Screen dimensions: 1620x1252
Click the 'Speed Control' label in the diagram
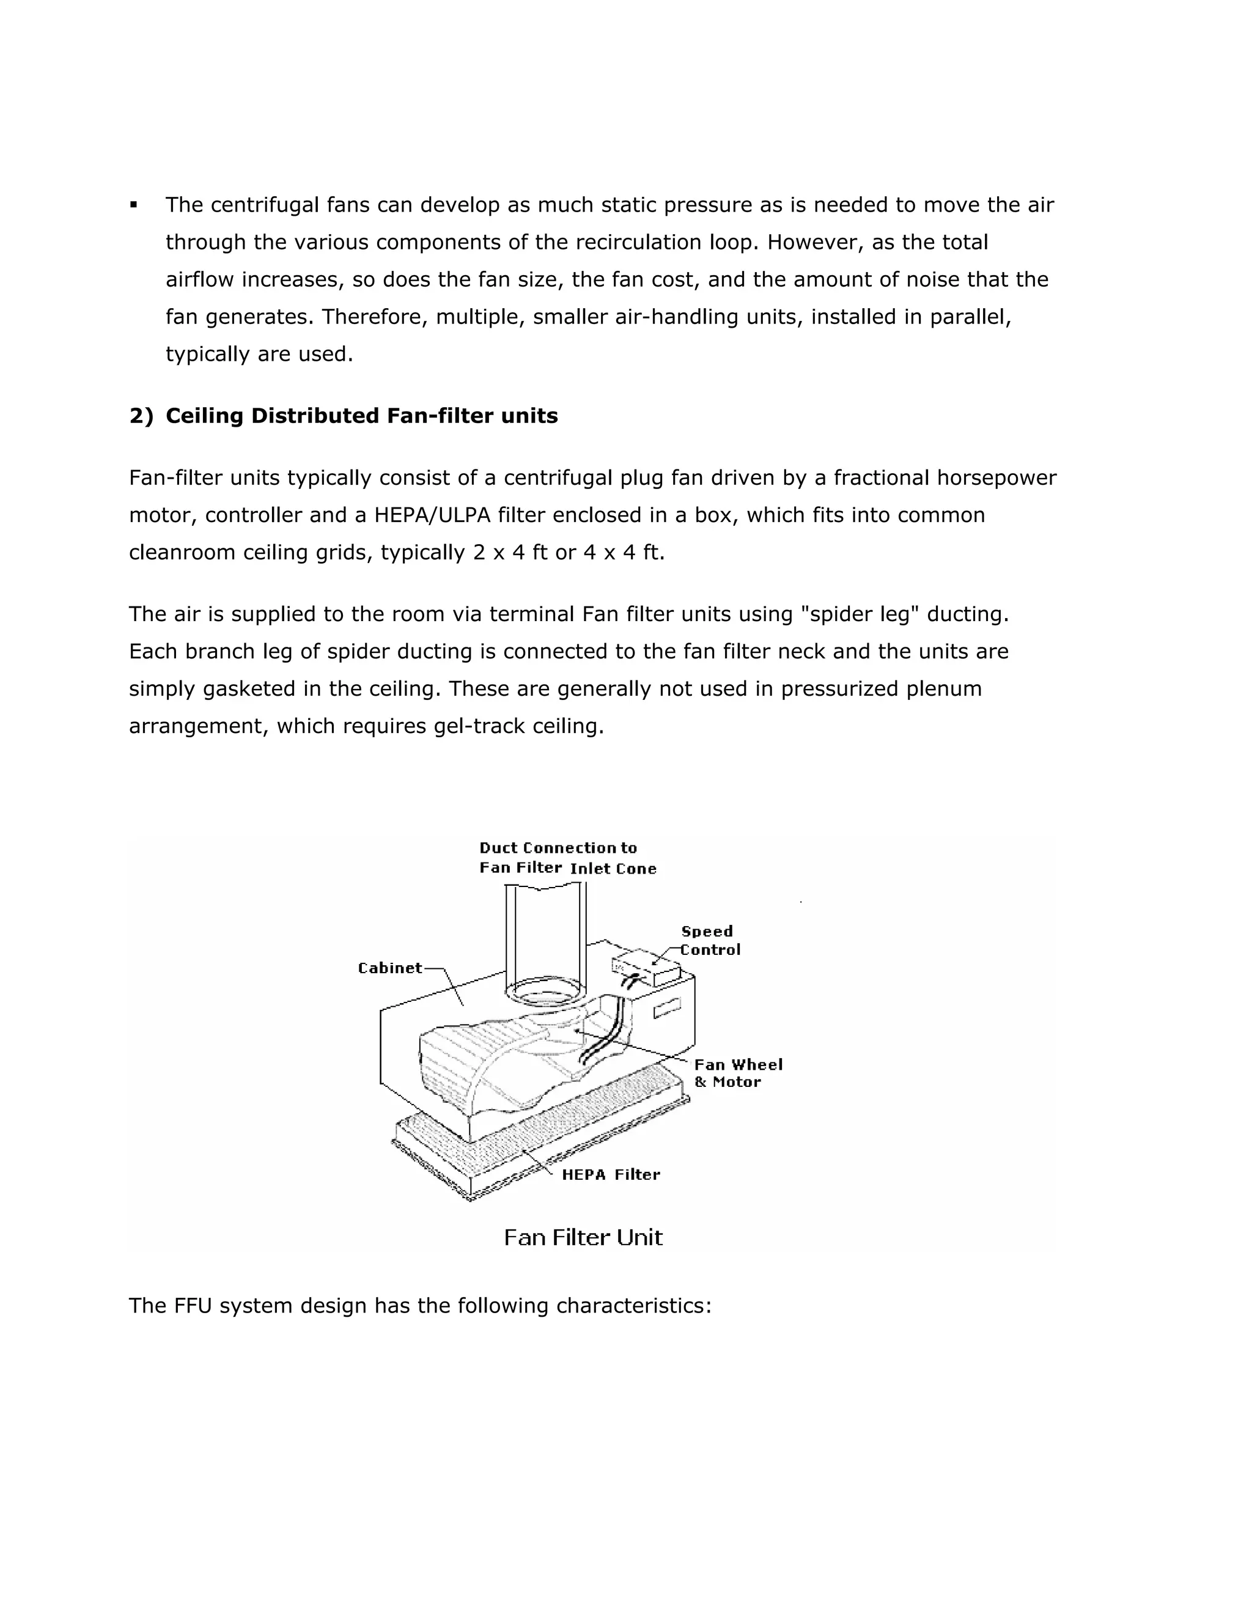[x=710, y=941]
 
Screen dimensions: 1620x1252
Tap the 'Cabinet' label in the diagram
[x=389, y=968]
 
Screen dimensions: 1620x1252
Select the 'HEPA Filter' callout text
[x=611, y=1174]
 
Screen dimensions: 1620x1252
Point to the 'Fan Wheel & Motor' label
[x=737, y=1073]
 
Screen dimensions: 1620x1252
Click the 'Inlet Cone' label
[x=613, y=869]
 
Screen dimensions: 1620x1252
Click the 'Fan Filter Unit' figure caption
[x=583, y=1237]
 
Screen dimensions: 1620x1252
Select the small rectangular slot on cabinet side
[x=666, y=1009]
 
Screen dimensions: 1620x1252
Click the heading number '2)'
[x=141, y=416]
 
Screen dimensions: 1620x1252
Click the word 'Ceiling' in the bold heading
[x=205, y=416]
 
